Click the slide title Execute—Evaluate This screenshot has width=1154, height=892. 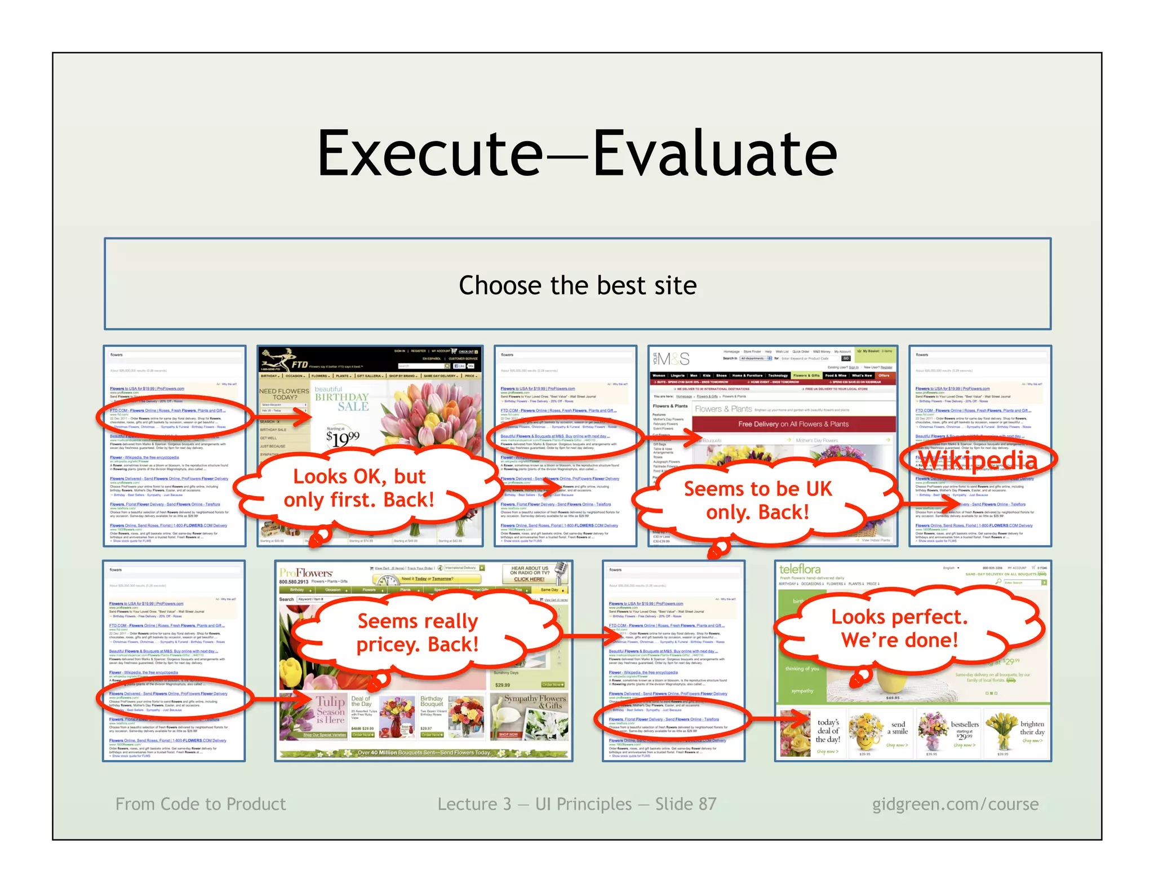click(577, 153)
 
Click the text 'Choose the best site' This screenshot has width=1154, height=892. click(578, 285)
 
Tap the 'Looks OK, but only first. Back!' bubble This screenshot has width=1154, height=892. click(359, 488)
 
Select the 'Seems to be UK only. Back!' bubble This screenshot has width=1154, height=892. click(757, 500)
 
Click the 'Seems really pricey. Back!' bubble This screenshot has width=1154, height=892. click(418, 633)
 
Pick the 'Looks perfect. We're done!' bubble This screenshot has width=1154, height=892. click(899, 629)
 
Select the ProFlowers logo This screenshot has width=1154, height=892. click(306, 572)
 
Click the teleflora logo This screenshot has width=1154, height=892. click(800, 569)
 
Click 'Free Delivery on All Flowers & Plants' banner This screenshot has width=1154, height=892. click(793, 424)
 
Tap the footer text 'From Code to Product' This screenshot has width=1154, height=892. click(201, 804)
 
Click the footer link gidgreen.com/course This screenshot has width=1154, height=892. click(955, 804)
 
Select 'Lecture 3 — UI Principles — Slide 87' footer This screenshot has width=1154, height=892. click(577, 804)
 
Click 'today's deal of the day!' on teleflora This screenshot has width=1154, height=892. click(828, 731)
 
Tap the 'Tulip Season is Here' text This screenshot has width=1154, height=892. click(330, 710)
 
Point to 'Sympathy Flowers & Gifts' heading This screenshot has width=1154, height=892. click(534, 702)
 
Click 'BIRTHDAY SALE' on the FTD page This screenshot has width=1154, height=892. click(341, 401)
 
